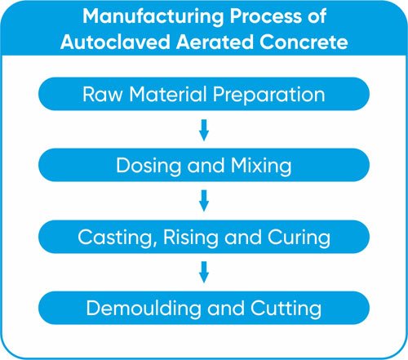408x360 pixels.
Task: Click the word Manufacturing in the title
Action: point(153,17)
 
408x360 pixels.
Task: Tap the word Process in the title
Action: point(266,16)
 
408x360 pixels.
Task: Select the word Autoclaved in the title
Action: point(115,42)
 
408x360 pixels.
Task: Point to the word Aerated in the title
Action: point(215,42)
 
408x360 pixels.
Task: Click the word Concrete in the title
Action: point(304,42)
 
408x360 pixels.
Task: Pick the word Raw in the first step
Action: point(103,95)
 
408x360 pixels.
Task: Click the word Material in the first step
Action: point(168,94)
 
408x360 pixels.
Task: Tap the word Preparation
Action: point(269,96)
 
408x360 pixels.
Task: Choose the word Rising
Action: point(191,238)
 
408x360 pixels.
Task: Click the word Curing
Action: point(299,238)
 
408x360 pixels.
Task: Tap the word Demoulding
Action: point(144,309)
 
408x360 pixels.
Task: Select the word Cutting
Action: point(286,309)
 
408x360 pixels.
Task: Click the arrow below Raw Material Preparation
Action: point(204,130)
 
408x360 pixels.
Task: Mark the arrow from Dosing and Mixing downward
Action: point(204,201)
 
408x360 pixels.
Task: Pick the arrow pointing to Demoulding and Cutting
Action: point(204,273)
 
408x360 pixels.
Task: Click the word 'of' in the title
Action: point(317,16)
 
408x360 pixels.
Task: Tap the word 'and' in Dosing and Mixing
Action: point(206,166)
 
